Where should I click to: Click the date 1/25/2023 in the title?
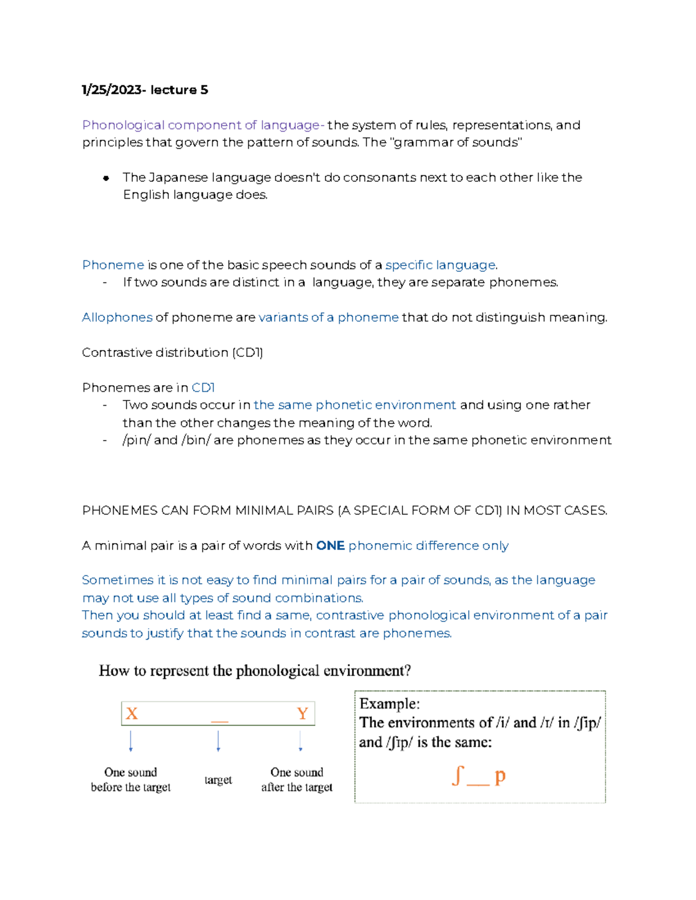pos(111,90)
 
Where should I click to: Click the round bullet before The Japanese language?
pos(106,178)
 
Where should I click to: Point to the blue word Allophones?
pos(117,318)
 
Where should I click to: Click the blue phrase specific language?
pos(440,265)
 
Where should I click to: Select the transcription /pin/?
pos(136,440)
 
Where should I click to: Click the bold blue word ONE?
pos(330,546)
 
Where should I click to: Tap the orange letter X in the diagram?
pos(132,713)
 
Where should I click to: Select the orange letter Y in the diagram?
pos(302,713)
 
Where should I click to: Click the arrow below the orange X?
pos(131,741)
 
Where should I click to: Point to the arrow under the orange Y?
pos(300,741)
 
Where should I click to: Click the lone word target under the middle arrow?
pos(218,780)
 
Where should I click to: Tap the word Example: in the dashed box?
pos(389,704)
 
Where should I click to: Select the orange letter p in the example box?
pos(499,775)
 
